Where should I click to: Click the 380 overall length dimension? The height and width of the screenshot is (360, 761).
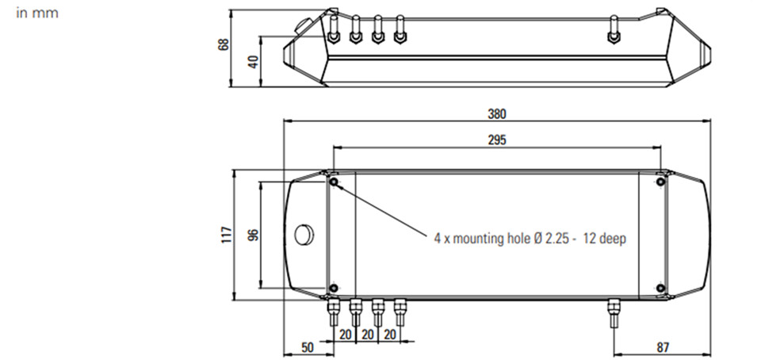(497, 114)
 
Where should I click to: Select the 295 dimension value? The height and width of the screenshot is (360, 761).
(497, 140)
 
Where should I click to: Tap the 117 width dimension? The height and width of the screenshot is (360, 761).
(227, 235)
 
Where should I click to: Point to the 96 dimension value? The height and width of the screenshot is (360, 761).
(254, 235)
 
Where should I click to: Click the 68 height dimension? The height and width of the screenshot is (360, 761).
(224, 44)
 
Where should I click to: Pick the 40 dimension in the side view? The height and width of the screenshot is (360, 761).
(254, 61)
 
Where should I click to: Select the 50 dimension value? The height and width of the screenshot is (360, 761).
(308, 347)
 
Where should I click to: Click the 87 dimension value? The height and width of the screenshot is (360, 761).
(663, 347)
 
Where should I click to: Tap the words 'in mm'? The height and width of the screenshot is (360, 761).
(37, 13)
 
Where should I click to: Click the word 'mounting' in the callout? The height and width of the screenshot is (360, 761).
(475, 239)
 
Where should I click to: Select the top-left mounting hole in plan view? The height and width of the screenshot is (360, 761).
(334, 182)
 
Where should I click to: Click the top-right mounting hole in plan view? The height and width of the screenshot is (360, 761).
(660, 182)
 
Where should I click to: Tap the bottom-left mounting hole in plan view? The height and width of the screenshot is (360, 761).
(334, 288)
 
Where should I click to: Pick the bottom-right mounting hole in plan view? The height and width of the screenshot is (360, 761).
(660, 288)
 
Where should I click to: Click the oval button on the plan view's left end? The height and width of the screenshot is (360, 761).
(304, 235)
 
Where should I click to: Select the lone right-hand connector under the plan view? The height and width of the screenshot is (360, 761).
(614, 313)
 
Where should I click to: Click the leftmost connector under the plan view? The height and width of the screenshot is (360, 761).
(334, 312)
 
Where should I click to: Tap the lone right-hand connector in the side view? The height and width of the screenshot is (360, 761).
(614, 29)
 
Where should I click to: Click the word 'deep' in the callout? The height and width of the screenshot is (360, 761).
(613, 239)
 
